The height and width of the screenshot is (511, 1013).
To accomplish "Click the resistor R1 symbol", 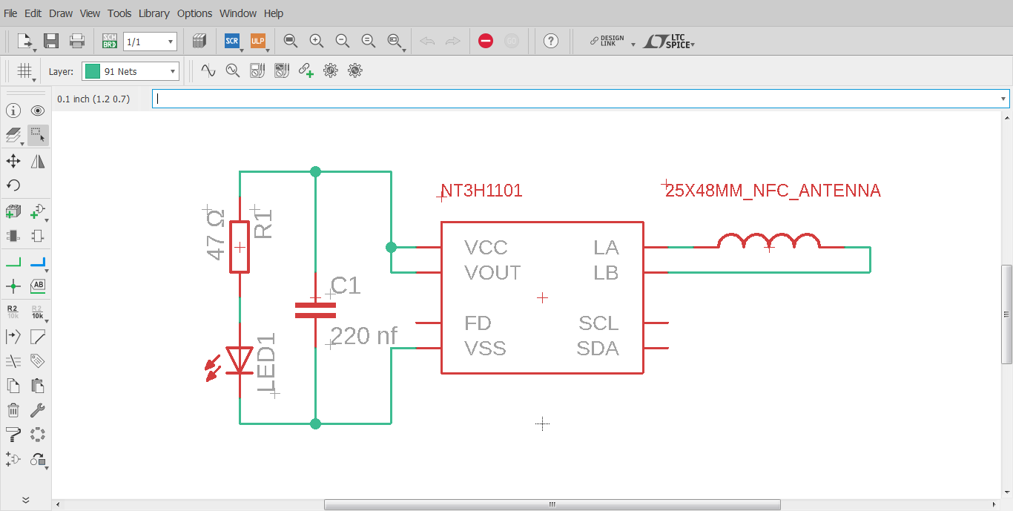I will coord(240,247).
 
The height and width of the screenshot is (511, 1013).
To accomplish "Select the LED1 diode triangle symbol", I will coord(240,360).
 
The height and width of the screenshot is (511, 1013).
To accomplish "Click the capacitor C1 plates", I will coord(315,310).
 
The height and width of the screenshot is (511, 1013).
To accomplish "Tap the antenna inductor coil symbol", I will coord(768,242).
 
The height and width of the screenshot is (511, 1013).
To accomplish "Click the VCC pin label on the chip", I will coord(486,247).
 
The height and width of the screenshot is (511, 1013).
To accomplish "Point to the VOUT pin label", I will coord(492,273).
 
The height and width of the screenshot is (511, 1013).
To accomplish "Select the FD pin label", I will coord(478,323).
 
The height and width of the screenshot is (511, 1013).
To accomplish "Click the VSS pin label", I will coord(485,349).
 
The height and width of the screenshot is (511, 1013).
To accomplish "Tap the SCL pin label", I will coord(598,323).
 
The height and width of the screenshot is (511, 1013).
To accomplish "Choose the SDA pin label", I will coord(598,349).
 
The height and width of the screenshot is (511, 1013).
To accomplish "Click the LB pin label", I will coord(606,273).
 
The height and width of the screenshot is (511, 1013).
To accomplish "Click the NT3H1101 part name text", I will coord(482,191).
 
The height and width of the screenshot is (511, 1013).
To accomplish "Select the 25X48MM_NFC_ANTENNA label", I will coord(773,191).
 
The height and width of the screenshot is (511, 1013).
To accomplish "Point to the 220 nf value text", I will coord(363,336).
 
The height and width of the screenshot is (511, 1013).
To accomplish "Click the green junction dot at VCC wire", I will coord(391,247).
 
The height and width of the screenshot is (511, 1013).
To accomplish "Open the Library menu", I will coord(154,13).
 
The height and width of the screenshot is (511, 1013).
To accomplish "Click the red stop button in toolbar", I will coord(486,41).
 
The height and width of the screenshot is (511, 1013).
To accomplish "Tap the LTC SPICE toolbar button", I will coord(669,41).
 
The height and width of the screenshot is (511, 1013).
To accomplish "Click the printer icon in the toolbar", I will coord(77,41).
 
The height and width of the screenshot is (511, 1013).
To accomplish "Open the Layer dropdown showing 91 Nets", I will coord(131,71).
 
